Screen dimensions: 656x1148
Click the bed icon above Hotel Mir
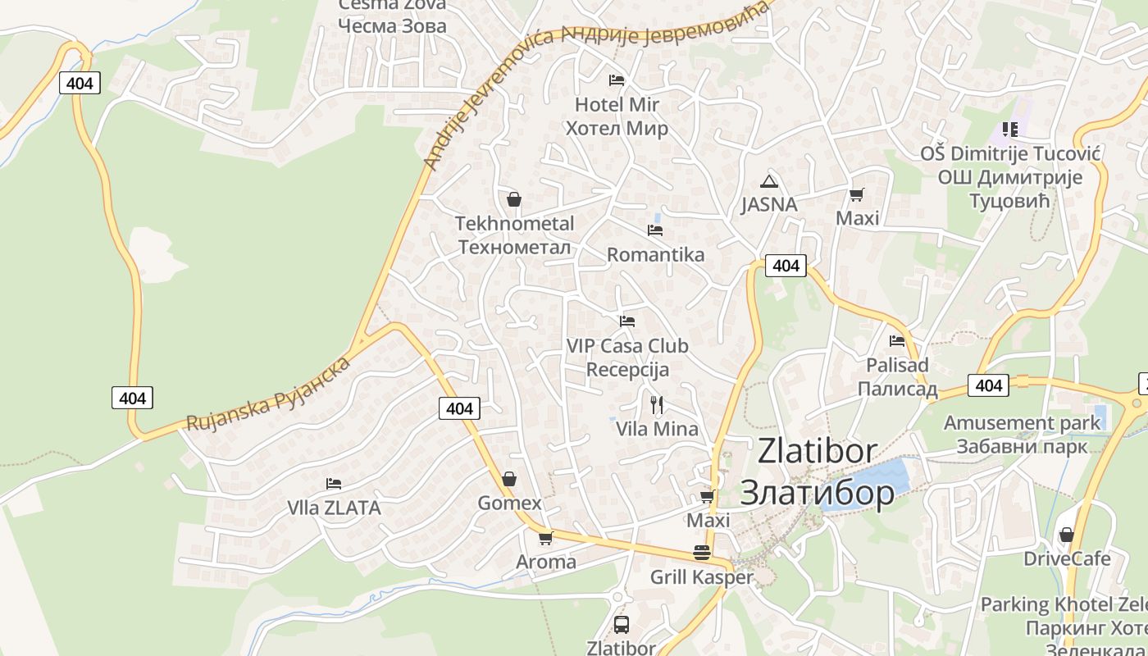617,80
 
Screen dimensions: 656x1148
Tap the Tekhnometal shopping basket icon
514,199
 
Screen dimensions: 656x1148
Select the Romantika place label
655,254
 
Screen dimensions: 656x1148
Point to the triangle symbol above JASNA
768,181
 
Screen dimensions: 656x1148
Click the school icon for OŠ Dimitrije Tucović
1009,130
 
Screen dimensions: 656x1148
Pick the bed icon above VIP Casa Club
627,321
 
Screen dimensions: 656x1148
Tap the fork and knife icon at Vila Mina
657,404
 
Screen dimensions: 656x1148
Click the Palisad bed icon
897,340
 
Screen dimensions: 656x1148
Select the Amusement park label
1022,423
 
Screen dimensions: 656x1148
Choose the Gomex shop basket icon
509,479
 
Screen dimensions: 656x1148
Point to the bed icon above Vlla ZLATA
334,484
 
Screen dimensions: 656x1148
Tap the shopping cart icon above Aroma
545,539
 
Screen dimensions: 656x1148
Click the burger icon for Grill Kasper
701,553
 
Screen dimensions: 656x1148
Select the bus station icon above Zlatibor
622,625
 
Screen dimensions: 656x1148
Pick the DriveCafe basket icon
1066,535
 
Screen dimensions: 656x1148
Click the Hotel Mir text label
617,105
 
